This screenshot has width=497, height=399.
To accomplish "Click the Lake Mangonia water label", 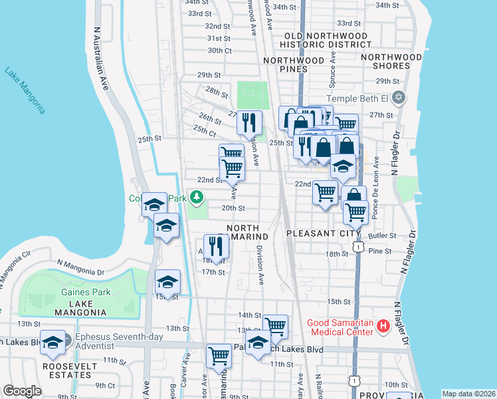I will click(x=25, y=90).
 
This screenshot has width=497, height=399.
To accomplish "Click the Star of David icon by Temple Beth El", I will click(x=399, y=98).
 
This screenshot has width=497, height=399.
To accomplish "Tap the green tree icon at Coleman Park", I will click(x=197, y=198).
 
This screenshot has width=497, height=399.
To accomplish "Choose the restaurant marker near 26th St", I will click(x=250, y=122).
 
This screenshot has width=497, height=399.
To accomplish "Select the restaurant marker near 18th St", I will click(x=217, y=247).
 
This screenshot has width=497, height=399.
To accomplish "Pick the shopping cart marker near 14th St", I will click(x=275, y=326).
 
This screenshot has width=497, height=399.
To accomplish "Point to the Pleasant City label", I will click(x=324, y=234).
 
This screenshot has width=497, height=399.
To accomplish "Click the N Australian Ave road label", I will click(x=101, y=59).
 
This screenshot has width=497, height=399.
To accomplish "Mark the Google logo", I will click(x=22, y=391).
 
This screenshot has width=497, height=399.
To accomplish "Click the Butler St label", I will click(x=383, y=235).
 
